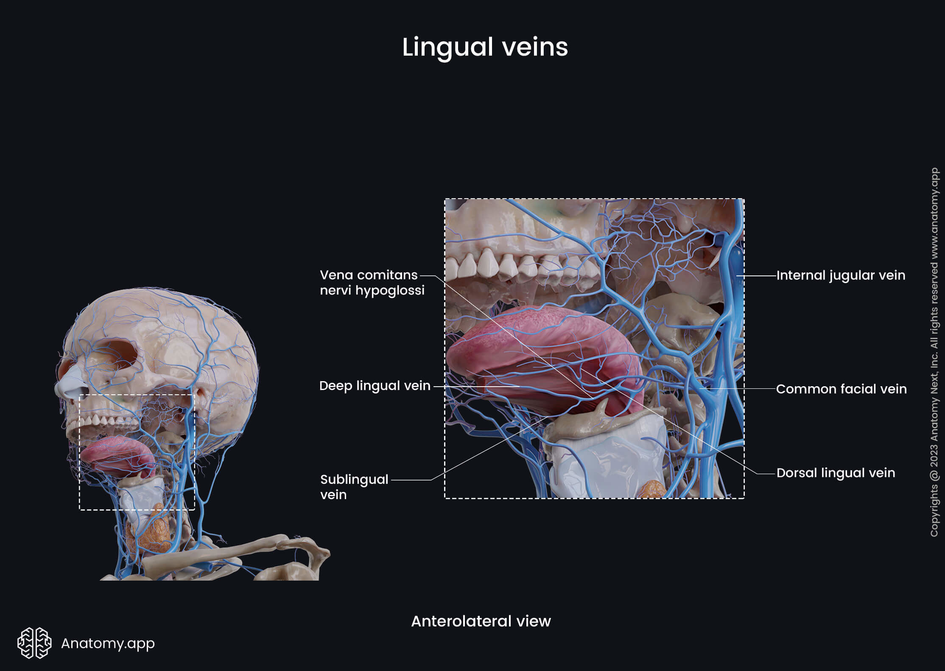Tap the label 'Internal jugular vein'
point(841,275)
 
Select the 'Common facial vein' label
point(841,389)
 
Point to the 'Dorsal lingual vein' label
point(836,473)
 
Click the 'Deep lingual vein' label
point(375,386)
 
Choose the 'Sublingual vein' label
point(354,487)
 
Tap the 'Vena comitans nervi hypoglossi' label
point(372,283)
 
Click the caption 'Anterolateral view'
point(481,621)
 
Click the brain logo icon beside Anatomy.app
point(34,643)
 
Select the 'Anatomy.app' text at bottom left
point(108,643)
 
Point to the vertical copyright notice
point(934,352)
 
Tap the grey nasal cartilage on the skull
point(70,382)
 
